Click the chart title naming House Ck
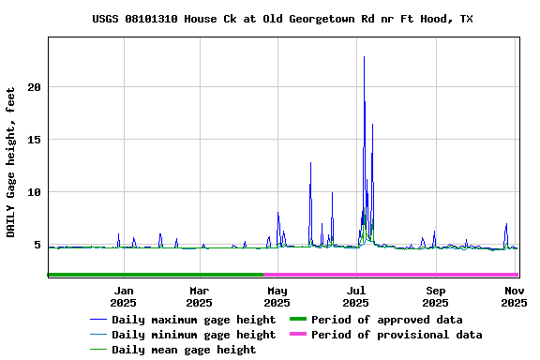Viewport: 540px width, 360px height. point(282,19)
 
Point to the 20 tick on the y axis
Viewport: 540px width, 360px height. point(35,87)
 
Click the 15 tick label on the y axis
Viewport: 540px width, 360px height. point(35,140)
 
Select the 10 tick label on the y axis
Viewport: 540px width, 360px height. point(35,193)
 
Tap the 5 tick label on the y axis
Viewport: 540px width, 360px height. point(38,246)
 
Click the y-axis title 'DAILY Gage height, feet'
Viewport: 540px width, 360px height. point(11,162)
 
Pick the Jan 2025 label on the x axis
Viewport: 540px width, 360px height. point(123,296)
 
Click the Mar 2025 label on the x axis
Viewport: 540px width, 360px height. point(199,296)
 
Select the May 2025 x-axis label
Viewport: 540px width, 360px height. point(277,296)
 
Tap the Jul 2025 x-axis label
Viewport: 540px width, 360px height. point(355,296)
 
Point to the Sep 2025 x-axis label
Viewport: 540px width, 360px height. point(435,296)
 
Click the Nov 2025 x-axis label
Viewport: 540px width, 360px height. point(513,296)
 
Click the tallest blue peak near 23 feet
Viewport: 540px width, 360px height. point(364,57)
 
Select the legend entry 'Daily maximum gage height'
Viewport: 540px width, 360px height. point(193,320)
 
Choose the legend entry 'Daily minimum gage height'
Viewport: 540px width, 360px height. point(193,335)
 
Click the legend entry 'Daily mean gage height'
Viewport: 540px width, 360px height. point(183,350)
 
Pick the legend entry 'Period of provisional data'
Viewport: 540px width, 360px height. point(397,335)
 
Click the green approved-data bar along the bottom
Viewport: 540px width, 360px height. point(155,275)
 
